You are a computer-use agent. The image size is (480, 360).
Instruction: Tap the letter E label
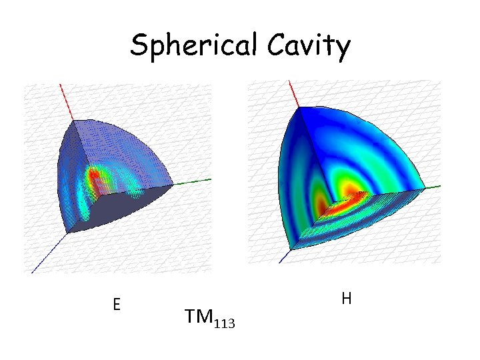[116, 305]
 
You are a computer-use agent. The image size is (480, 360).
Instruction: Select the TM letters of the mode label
[197, 319]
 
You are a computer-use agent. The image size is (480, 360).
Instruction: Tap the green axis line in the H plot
[432, 187]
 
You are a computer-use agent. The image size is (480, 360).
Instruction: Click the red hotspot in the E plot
[95, 177]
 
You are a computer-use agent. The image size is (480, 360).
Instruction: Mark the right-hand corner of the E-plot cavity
[174, 185]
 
